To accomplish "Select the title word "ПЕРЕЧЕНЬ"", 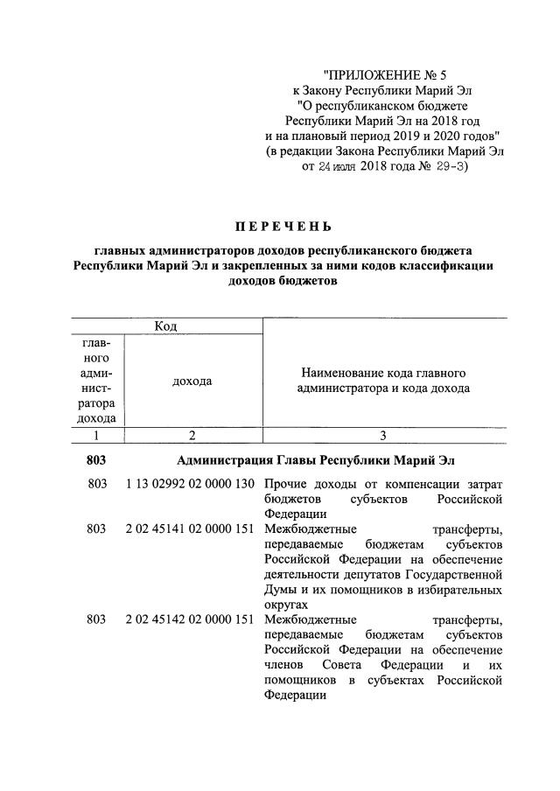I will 279,227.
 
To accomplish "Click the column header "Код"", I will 165,325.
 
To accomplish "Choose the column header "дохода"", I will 192,381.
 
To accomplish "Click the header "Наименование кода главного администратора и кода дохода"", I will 384,381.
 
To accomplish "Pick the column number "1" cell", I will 96,435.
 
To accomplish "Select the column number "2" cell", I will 192,435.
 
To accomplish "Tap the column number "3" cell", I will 383,435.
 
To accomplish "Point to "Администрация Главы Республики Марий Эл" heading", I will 316,460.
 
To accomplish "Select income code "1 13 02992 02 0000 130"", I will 190,484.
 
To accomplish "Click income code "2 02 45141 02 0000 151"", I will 190,528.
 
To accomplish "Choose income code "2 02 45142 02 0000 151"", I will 190,619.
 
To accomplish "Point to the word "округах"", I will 285,604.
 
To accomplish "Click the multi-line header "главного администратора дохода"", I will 96,381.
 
